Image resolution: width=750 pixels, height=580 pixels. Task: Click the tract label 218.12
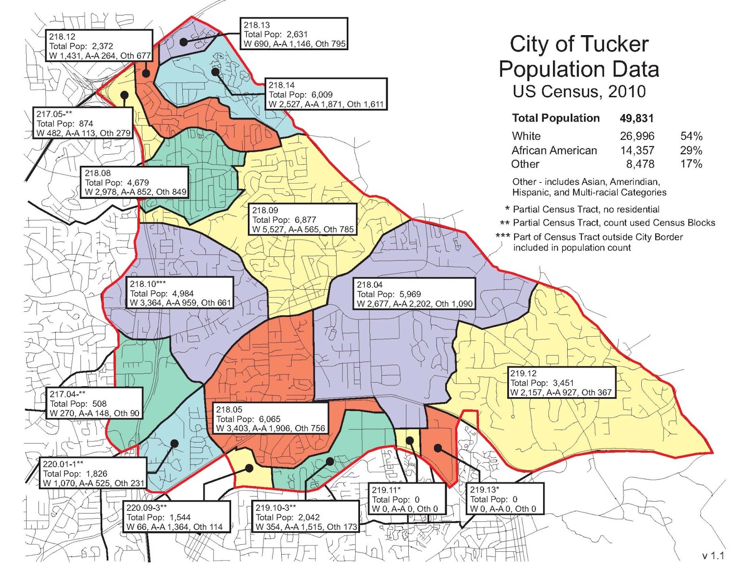point(62,37)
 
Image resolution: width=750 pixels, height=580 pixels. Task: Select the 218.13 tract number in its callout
point(256,25)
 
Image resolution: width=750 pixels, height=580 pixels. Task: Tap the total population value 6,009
point(322,95)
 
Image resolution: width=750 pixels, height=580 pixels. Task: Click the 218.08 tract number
point(97,173)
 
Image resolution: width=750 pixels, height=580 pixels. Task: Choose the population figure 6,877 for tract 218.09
point(305,220)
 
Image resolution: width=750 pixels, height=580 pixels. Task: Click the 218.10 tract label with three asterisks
point(148,284)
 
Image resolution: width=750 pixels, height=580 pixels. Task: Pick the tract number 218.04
point(369,285)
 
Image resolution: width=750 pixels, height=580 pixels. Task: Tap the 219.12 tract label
point(523,374)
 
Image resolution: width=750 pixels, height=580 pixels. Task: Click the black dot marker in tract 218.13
point(184,42)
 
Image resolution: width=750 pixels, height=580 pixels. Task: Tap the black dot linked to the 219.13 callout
point(437,448)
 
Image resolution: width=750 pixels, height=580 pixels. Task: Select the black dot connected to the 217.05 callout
point(124,95)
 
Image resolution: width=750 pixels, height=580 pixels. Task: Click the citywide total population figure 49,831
point(636,119)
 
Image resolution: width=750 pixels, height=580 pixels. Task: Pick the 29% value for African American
point(691,151)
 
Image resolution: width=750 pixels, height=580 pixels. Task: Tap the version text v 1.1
point(713,556)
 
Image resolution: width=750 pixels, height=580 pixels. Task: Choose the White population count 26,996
point(637,136)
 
